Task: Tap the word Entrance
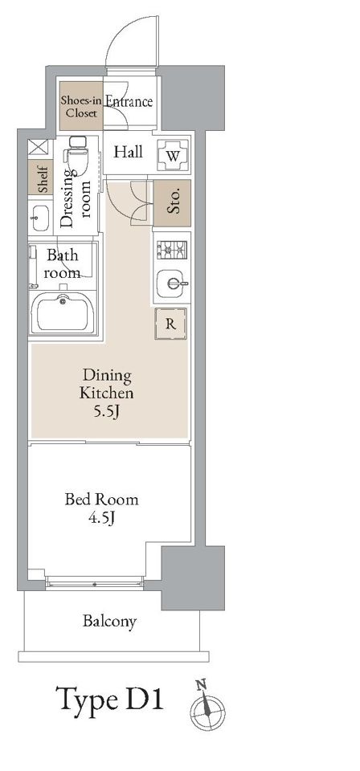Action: (129, 101)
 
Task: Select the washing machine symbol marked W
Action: (172, 155)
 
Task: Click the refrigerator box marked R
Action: (170, 324)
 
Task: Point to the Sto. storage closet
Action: (172, 202)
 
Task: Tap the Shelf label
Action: (41, 177)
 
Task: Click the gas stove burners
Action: (172, 250)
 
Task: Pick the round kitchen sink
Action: (172, 284)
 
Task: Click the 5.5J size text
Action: (107, 411)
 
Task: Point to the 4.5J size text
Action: (102, 518)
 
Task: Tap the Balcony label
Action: (109, 621)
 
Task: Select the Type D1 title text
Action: (109, 699)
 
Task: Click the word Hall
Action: (129, 152)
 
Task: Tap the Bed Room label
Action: (102, 500)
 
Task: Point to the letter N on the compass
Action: (199, 683)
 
